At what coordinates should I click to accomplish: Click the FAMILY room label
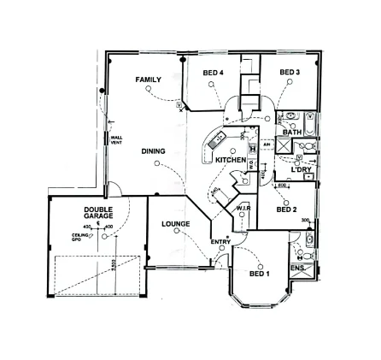click(148, 79)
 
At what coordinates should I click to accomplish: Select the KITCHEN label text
click(231, 159)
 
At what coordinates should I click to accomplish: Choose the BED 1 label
click(259, 275)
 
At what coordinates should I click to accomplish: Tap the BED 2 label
click(286, 208)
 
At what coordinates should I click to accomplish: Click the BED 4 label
click(213, 74)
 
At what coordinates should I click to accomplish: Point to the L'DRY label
click(302, 170)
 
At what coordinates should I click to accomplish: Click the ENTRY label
click(220, 241)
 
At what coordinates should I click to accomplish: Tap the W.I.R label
click(243, 208)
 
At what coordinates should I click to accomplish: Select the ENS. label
click(297, 268)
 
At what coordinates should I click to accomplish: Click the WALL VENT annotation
click(116, 139)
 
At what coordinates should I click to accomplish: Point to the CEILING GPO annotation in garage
click(79, 237)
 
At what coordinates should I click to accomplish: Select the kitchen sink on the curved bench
click(217, 138)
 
